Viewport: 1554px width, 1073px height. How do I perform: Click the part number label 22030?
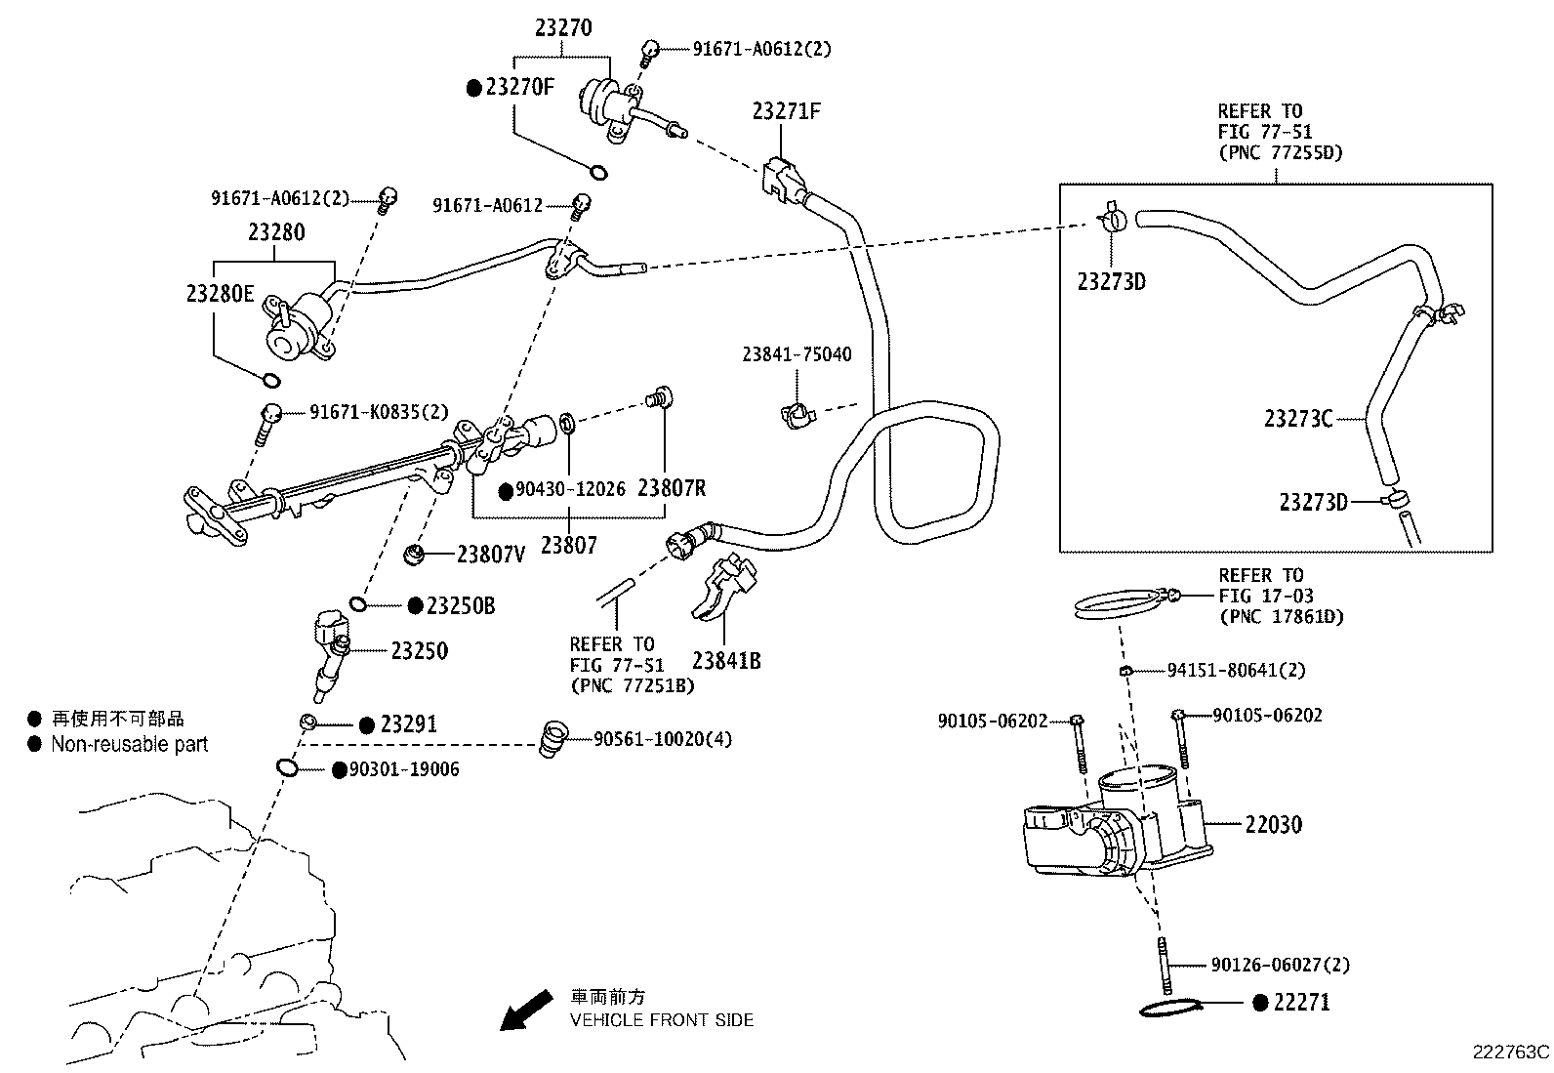pos(1273,825)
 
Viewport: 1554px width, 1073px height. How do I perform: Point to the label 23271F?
pos(786,111)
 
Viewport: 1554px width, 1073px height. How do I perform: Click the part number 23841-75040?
pos(796,354)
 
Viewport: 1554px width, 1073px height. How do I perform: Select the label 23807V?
pos(491,555)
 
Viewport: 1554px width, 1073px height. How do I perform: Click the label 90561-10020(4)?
pos(663,739)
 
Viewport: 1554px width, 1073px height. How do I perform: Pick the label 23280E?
pos(220,293)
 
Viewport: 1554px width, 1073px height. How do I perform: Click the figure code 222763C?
pos(1511,1052)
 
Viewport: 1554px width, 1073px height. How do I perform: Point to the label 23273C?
pos(1297,419)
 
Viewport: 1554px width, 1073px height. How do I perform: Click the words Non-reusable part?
pos(130,744)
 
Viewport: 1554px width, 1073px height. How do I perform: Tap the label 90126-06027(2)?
pos(1280,965)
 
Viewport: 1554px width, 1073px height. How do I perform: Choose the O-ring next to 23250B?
pos(358,605)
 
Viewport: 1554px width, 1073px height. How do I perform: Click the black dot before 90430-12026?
pos(506,491)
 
